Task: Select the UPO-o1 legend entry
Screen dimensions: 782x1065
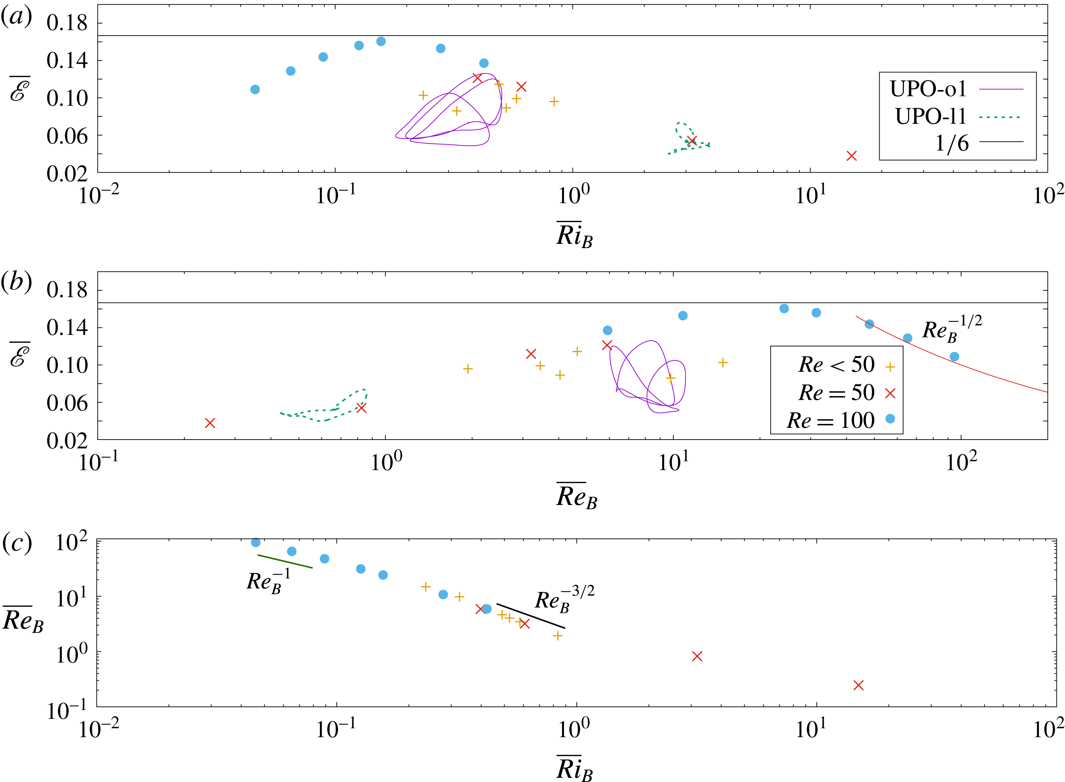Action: (956, 89)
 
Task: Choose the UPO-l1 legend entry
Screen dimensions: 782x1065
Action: (956, 116)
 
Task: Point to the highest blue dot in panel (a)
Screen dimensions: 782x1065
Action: (381, 42)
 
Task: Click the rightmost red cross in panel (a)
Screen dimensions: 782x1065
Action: (852, 156)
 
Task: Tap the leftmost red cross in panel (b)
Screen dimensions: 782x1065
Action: (210, 423)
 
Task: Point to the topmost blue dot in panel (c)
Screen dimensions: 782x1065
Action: (255, 542)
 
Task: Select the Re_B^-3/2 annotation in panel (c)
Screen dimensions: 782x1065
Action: (564, 600)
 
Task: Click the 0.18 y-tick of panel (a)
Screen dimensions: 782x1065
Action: (67, 23)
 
